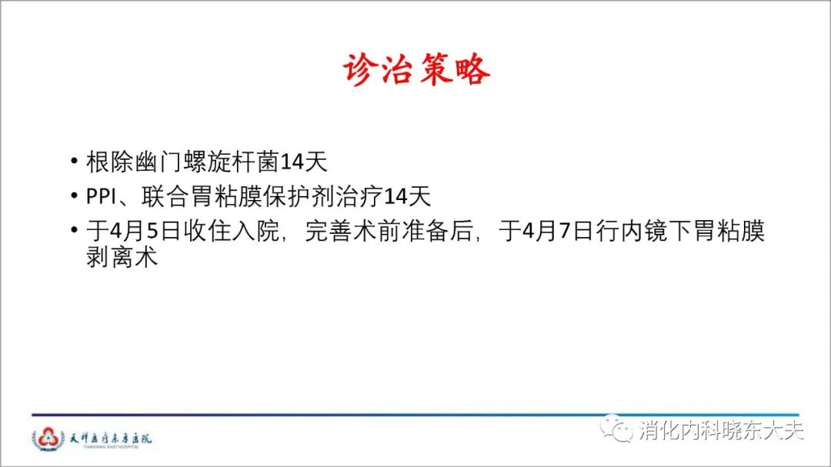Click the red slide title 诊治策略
pyautogui.click(x=416, y=69)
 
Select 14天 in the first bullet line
pyautogui.click(x=303, y=162)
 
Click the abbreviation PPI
pyautogui.click(x=101, y=197)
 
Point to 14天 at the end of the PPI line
pyautogui.click(x=407, y=197)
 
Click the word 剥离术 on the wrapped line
pyautogui.click(x=122, y=257)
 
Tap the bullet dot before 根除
pyautogui.click(x=74, y=161)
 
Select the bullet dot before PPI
pyautogui.click(x=74, y=195)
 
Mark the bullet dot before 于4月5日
pyautogui.click(x=74, y=230)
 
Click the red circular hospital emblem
pyautogui.click(x=48, y=439)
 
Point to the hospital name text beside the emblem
pyautogui.click(x=111, y=439)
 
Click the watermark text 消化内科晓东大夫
pyautogui.click(x=721, y=430)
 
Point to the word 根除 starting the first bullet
pyautogui.click(x=110, y=162)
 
